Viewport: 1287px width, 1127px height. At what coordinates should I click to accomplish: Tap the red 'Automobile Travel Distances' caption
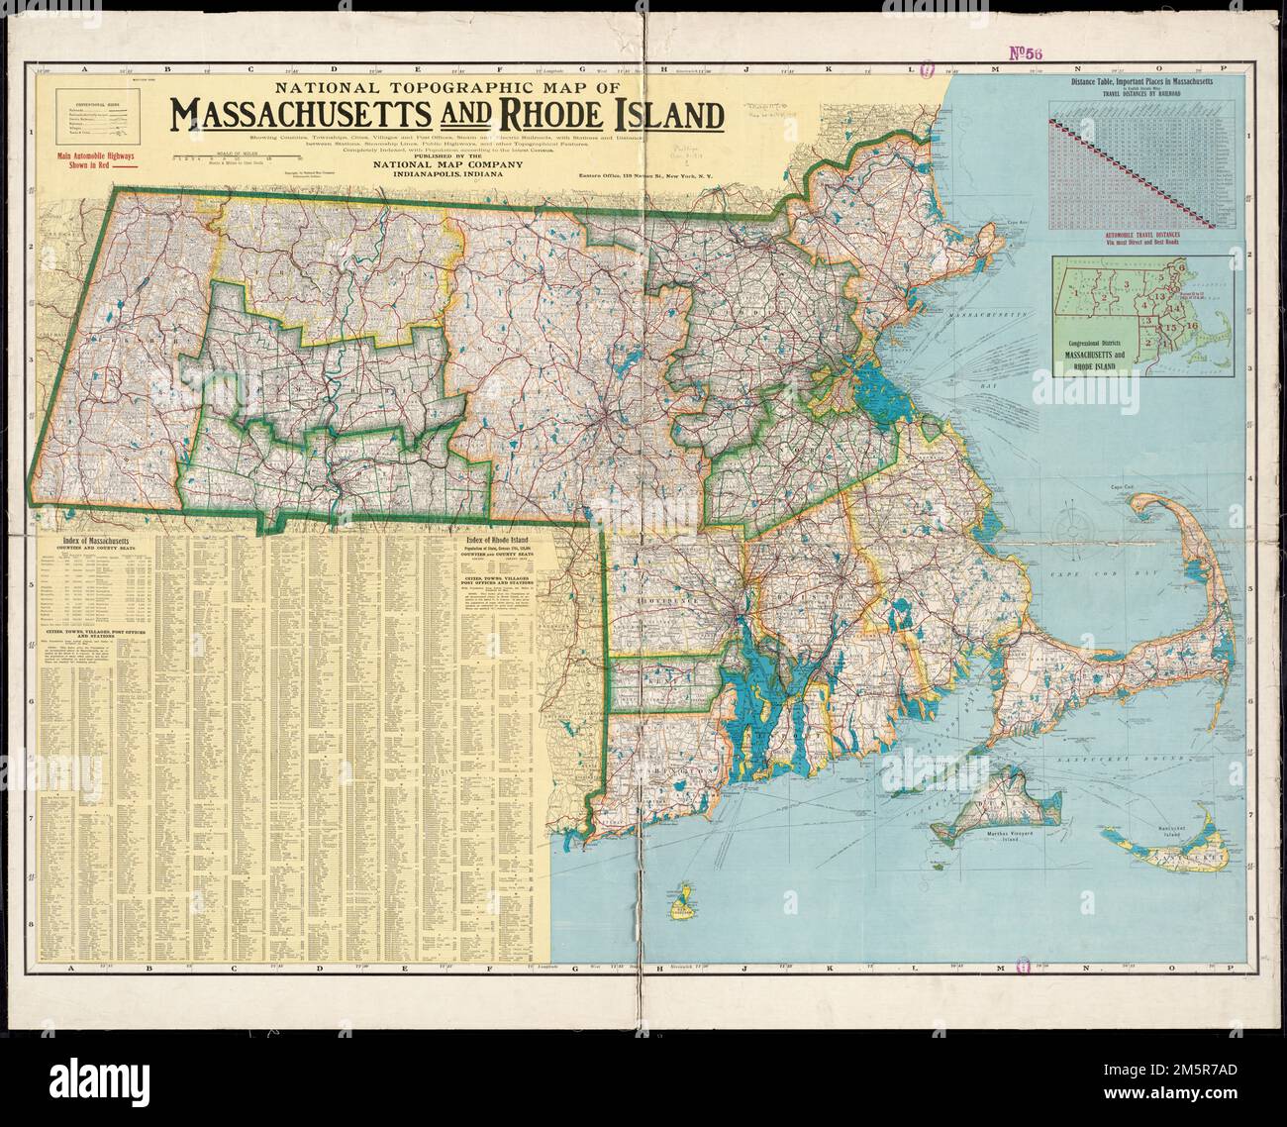[x=1148, y=238]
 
